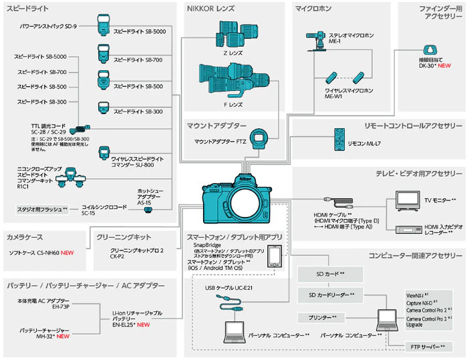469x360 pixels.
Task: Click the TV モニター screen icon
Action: tap(404, 199)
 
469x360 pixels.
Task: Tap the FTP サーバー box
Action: tap(428, 347)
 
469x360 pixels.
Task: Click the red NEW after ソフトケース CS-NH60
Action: tap(67, 254)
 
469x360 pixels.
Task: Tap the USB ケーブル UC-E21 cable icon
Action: tap(230, 304)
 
